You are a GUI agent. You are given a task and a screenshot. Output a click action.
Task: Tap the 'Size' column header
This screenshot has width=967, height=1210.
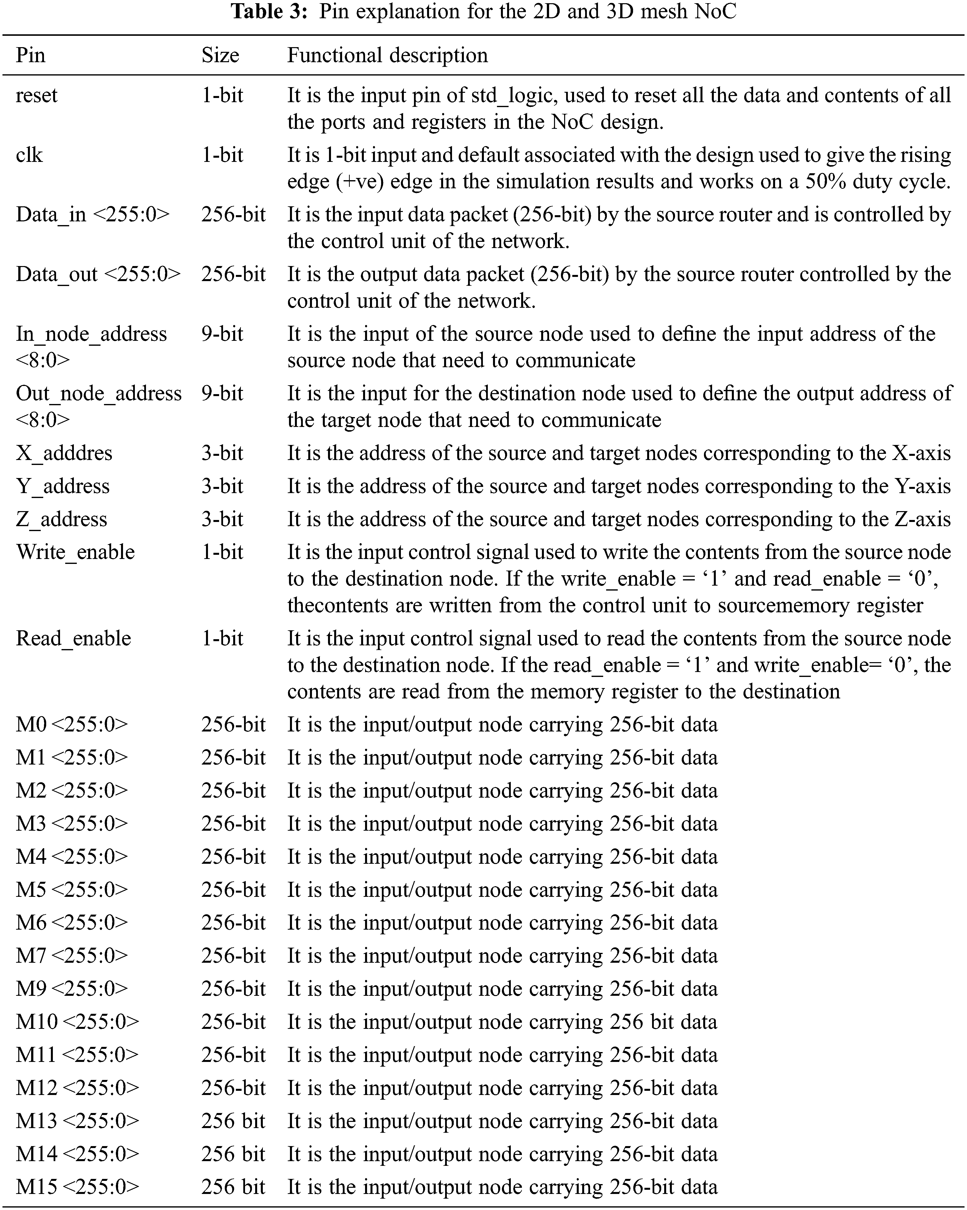220,55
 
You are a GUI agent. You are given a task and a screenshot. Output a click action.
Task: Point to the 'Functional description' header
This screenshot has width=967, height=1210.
388,55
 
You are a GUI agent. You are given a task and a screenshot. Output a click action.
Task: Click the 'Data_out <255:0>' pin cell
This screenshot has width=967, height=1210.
98,274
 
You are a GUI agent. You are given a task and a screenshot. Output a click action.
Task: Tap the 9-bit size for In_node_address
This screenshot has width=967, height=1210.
222,334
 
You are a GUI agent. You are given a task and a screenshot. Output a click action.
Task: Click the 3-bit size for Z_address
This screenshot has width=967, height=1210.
222,519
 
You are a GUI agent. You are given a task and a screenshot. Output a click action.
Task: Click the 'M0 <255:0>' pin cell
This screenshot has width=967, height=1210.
72,725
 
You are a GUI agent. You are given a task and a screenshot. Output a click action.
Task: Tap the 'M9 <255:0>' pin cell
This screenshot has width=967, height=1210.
72,988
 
